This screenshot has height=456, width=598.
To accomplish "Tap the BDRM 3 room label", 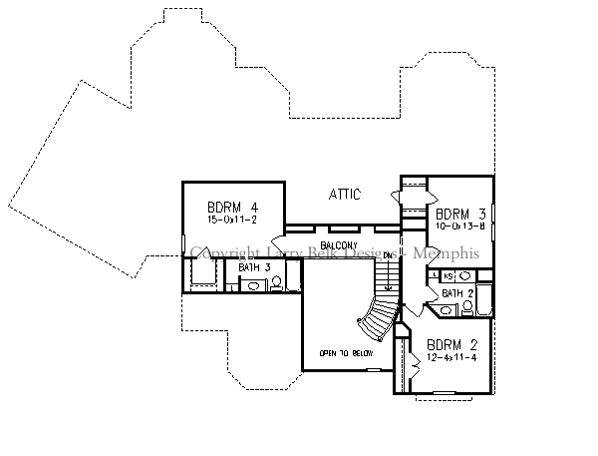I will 459,212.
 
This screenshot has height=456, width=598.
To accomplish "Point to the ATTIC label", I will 343,195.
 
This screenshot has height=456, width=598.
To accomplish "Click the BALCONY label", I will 341,244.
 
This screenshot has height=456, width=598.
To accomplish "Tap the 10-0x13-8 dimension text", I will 459,226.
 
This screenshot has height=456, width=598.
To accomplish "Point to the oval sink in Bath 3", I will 254,285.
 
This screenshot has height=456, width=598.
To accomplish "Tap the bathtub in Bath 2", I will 484,300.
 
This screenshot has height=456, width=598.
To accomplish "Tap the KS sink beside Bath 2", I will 448,275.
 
